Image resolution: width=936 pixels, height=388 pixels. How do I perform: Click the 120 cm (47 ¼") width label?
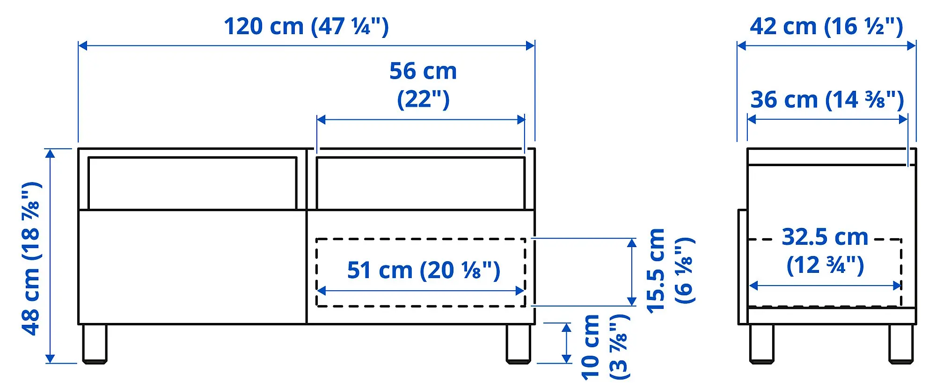pos(306,26)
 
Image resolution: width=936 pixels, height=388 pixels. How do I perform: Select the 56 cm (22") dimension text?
pos(423,85)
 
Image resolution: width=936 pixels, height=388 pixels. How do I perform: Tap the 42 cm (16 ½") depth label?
pos(826,26)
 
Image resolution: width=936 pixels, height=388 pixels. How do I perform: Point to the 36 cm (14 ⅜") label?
pos(827,100)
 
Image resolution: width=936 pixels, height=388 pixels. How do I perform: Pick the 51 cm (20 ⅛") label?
pos(424,270)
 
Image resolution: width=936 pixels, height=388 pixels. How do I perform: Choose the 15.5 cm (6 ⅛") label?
pos(670,271)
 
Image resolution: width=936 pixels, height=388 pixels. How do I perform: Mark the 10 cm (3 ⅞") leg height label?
pos(605,347)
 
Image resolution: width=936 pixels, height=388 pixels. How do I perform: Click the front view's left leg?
pos(95,344)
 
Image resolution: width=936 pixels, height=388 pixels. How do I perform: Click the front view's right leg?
pos(519,344)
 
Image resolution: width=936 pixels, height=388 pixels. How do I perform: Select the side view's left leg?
pos(761,344)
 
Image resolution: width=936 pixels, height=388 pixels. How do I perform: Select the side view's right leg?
pos(901,344)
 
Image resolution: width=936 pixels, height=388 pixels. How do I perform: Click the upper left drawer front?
pos(192,183)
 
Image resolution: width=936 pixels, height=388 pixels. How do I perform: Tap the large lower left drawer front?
pos(192,267)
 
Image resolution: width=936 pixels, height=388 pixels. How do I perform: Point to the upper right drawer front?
pos(421,183)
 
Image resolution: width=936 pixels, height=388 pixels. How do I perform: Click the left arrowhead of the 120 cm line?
pos(82,45)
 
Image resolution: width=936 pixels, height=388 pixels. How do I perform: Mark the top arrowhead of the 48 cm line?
pos(51,153)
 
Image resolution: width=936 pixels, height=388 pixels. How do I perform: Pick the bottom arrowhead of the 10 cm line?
pos(566,359)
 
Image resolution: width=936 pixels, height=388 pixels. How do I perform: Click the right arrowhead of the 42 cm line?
pos(912,45)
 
